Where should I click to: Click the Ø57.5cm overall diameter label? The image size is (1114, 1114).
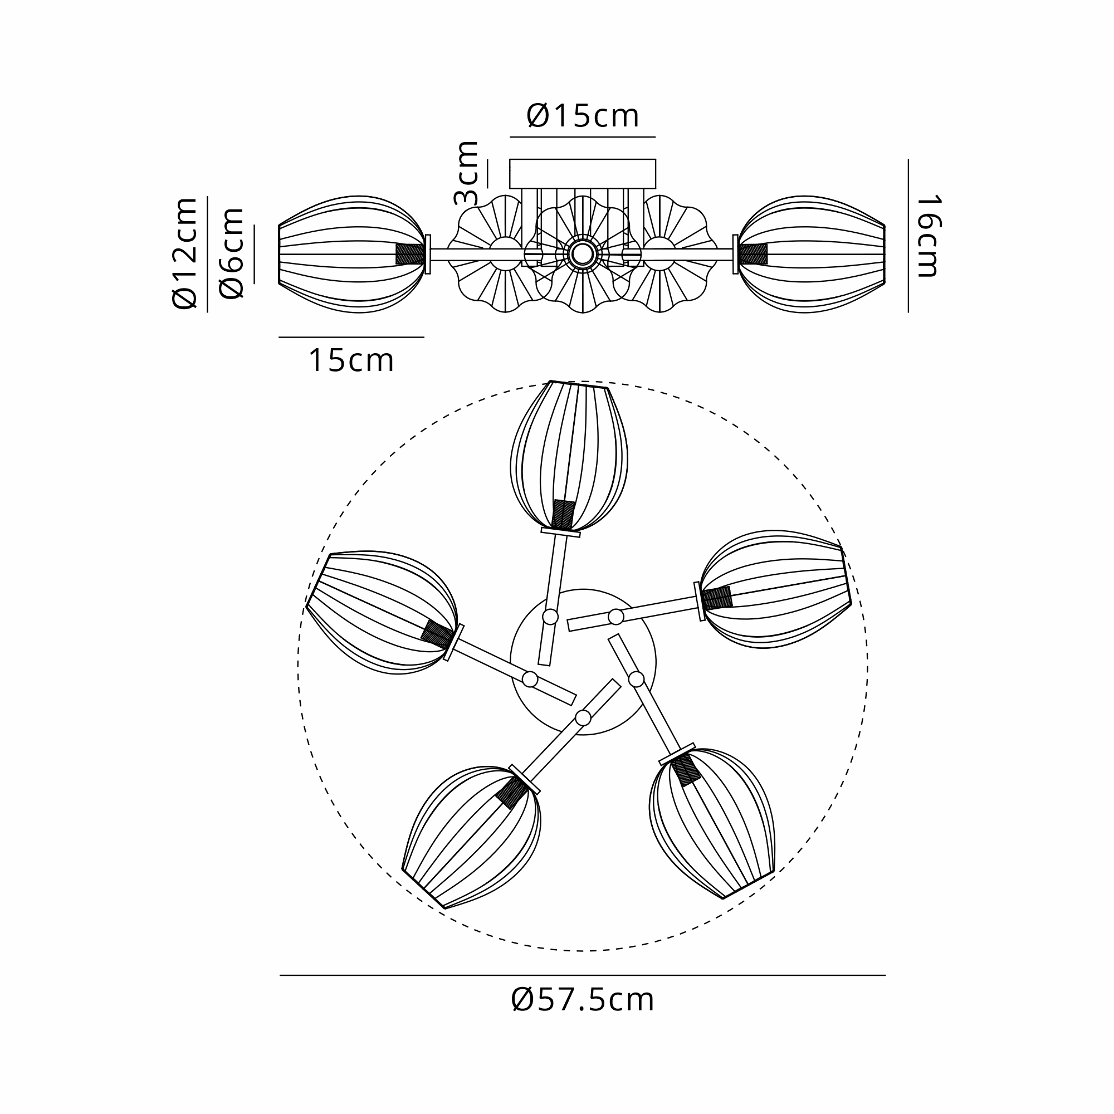click(583, 1000)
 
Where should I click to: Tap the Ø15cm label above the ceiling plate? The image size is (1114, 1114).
click(583, 116)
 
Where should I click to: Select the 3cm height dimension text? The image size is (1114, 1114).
click(466, 173)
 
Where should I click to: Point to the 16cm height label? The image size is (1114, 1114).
click(928, 236)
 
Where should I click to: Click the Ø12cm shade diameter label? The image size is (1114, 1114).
click(185, 253)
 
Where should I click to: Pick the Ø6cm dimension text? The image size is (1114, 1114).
click(232, 253)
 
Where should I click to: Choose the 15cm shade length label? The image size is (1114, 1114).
click(351, 360)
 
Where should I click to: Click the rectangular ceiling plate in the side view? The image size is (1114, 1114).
click(583, 174)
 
